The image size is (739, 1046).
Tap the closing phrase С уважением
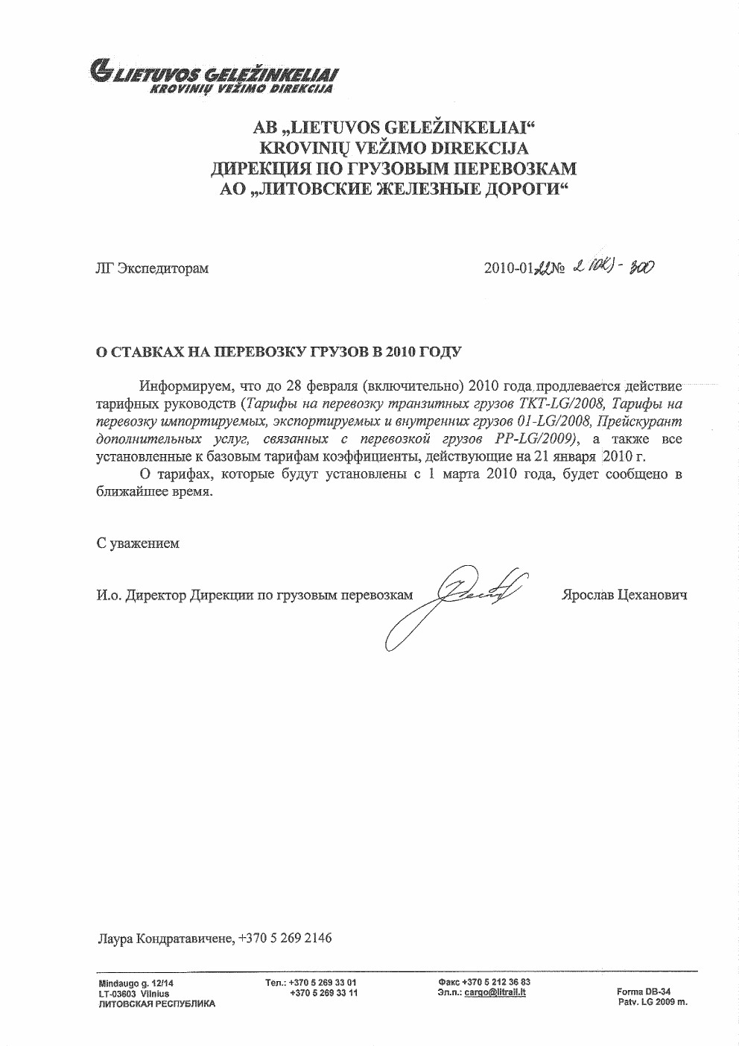click(x=138, y=544)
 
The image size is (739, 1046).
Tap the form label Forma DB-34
click(x=644, y=992)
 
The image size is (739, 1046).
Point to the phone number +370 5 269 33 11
click(x=323, y=993)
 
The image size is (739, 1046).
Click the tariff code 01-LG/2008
click(x=554, y=422)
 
